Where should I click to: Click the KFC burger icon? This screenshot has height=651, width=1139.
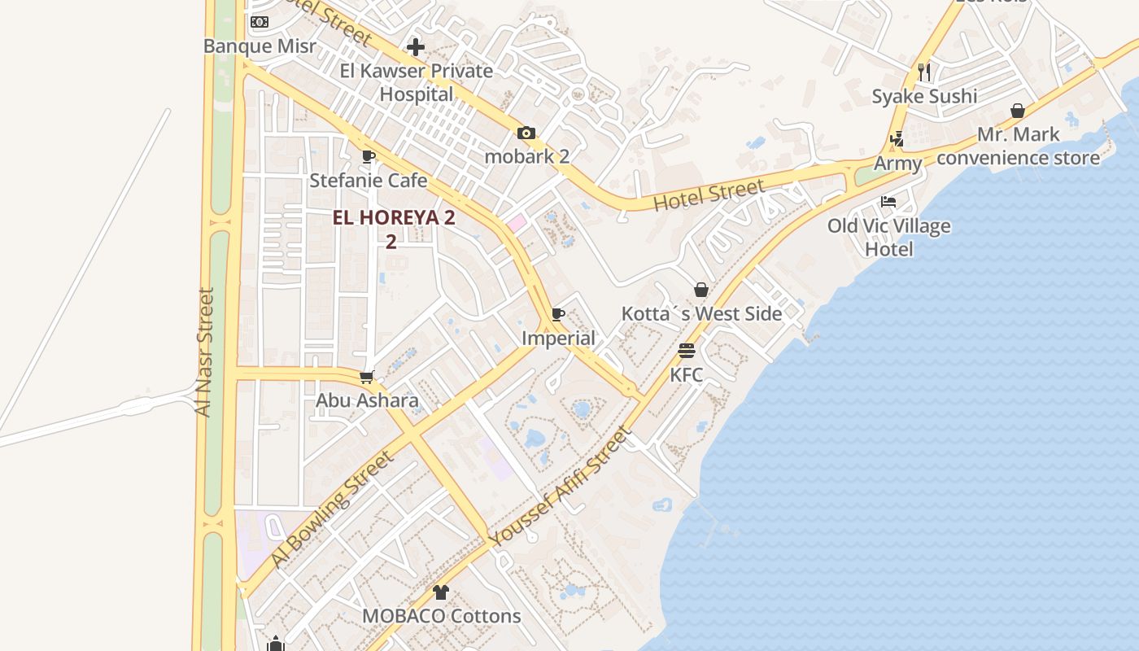point(687,351)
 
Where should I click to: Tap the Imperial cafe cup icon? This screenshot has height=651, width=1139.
point(558,314)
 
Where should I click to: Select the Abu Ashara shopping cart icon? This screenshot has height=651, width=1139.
point(367,377)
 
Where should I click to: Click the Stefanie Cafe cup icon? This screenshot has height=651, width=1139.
point(369,156)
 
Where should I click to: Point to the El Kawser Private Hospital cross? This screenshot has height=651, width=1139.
point(416,47)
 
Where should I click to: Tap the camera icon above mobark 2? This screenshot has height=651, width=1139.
point(526,133)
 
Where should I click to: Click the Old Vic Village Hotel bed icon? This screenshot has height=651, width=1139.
point(888,202)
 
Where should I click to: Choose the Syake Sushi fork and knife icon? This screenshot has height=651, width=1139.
point(923,72)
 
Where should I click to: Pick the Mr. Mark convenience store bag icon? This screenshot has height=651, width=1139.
point(1018,111)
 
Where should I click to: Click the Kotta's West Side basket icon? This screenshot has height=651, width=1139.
point(700,290)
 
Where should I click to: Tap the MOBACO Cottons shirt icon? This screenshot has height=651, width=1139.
point(441,592)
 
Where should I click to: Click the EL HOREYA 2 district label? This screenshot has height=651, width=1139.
point(394,218)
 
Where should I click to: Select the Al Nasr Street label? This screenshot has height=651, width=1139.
point(204,352)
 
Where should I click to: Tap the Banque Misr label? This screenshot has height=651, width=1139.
point(260,46)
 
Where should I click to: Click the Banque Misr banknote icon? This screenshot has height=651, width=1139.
point(260,21)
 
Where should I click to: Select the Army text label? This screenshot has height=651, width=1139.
point(898,164)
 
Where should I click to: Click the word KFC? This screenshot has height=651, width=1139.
point(687,375)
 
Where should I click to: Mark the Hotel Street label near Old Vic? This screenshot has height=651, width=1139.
point(709,195)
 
